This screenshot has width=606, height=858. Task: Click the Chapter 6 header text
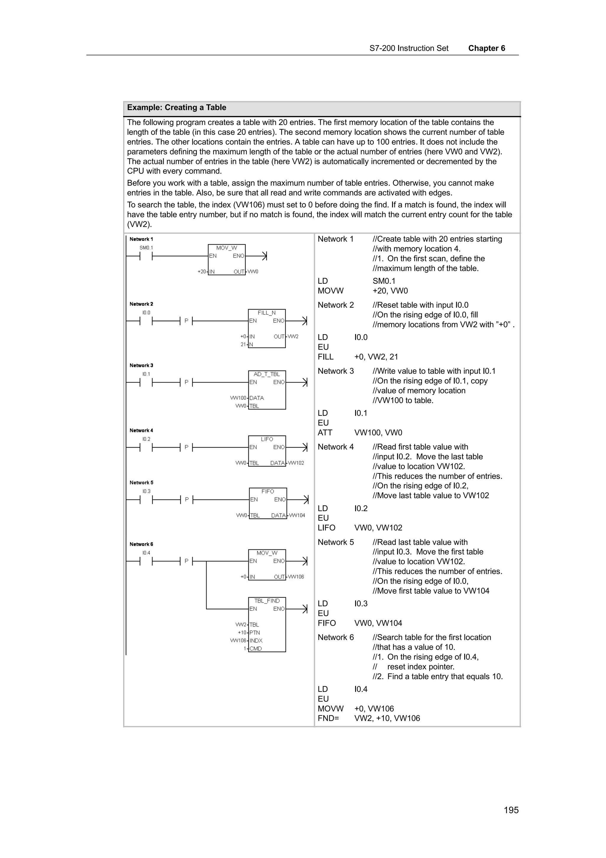coord(486,48)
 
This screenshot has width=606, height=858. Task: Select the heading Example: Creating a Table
coord(176,108)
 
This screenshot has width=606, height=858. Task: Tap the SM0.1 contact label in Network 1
coord(146,248)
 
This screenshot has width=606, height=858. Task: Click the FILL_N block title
coord(267,313)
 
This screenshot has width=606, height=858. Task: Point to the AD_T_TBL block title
coord(267,374)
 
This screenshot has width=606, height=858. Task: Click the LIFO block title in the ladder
coord(267,439)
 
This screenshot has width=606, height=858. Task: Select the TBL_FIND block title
coord(267,601)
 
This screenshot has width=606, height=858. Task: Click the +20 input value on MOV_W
coord(202,272)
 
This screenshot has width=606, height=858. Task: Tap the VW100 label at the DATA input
coord(238,398)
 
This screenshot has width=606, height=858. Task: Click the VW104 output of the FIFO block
coord(297,515)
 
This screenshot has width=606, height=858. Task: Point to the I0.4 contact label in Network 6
coord(146,553)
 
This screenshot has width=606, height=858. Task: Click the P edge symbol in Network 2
coord(186,321)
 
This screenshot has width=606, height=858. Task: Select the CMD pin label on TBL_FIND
coord(256,649)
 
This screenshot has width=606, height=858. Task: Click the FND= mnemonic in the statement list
coord(328,718)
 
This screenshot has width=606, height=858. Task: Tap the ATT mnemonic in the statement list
coord(325,433)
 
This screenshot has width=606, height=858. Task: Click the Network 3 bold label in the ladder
coord(141,365)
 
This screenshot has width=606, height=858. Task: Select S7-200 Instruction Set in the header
coord(409,48)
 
